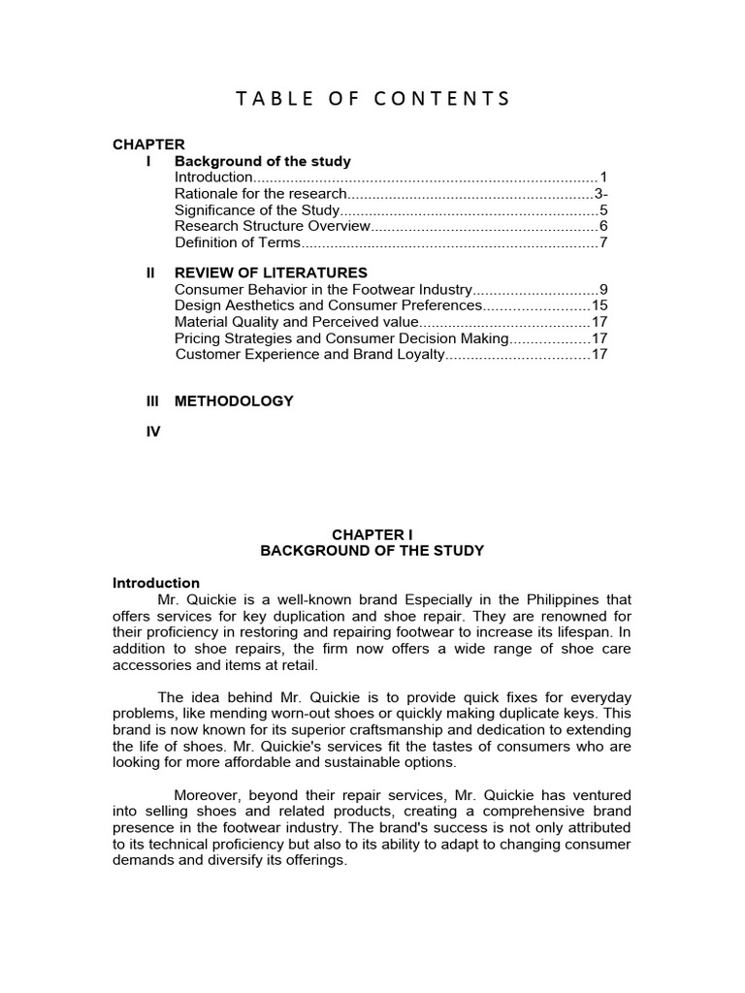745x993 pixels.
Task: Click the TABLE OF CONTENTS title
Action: pos(372,98)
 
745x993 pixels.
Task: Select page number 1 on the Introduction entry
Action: pos(602,177)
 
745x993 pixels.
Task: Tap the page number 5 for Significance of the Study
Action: pos(602,209)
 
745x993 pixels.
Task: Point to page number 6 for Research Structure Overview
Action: pos(602,226)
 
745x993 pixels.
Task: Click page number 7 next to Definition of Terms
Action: pos(602,242)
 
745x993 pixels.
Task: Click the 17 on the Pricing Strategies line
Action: pos(599,338)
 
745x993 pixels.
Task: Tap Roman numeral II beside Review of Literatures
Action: pos(150,272)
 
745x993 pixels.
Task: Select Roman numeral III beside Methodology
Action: pos(151,400)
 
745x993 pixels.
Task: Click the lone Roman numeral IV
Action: pos(152,432)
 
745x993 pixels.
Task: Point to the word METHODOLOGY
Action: pos(234,400)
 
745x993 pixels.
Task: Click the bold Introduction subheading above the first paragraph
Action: pos(156,583)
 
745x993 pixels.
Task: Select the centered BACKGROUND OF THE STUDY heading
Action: pos(372,550)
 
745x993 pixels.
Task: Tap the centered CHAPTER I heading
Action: pos(372,533)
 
